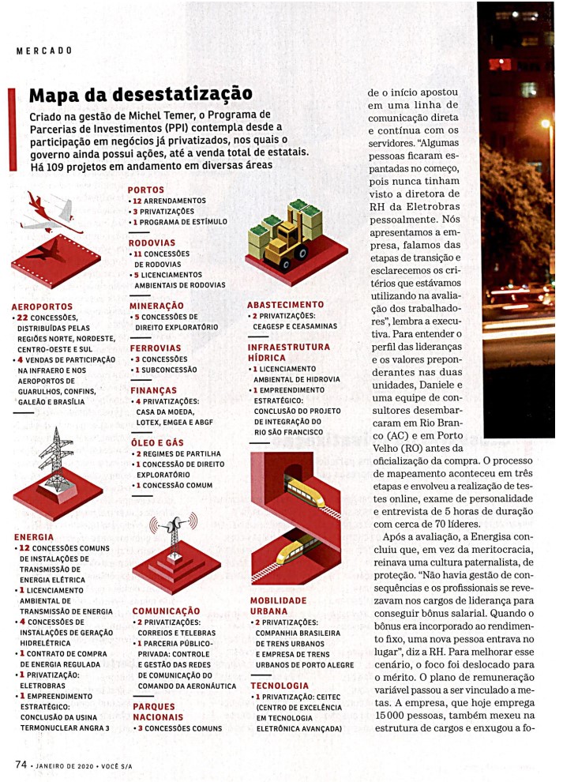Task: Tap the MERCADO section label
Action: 44,51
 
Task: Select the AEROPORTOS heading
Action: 43,306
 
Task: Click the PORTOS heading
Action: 146,190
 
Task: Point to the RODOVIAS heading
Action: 152,242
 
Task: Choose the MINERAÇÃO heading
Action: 156,305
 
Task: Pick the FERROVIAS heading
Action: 156,348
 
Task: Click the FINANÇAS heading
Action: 153,390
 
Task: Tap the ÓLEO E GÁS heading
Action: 157,443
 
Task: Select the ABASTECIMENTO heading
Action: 285,304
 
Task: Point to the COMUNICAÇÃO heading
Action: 166,611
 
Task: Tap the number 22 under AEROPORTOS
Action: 24,318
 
